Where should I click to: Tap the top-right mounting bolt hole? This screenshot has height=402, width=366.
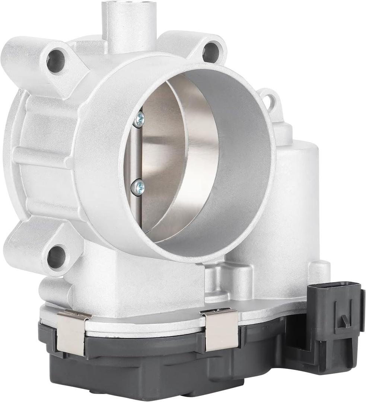click(x=211, y=52)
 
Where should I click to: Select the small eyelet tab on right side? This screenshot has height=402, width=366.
click(x=270, y=100)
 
